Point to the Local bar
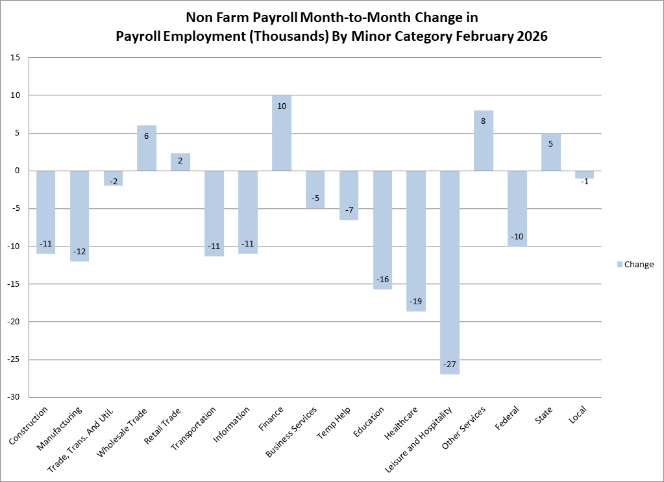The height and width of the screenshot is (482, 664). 584,175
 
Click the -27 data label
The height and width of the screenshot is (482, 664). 450,365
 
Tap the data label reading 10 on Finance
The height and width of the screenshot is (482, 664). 282,106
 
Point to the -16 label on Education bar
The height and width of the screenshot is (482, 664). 382,279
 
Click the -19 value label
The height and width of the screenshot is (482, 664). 416,302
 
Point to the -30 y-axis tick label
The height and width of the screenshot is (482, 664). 13,397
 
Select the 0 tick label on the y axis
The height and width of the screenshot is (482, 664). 18,171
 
